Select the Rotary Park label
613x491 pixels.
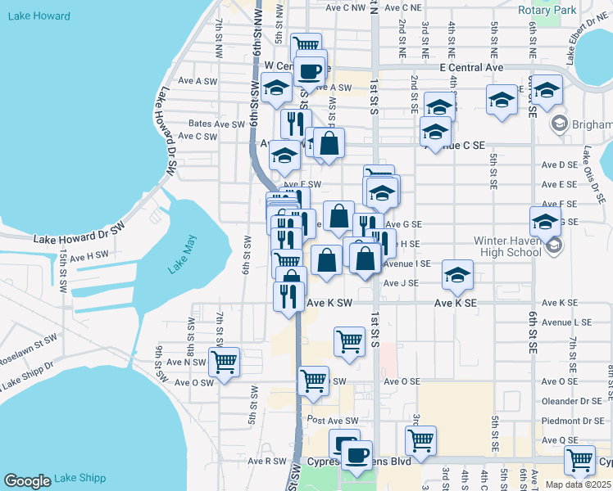point(547,10)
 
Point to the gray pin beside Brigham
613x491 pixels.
point(561,124)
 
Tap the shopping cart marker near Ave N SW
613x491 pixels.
point(224,361)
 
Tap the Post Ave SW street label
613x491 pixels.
point(333,421)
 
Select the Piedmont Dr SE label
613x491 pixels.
point(574,421)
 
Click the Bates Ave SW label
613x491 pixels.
point(217,124)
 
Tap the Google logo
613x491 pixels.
point(27,480)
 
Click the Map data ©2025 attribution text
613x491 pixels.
point(579,484)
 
